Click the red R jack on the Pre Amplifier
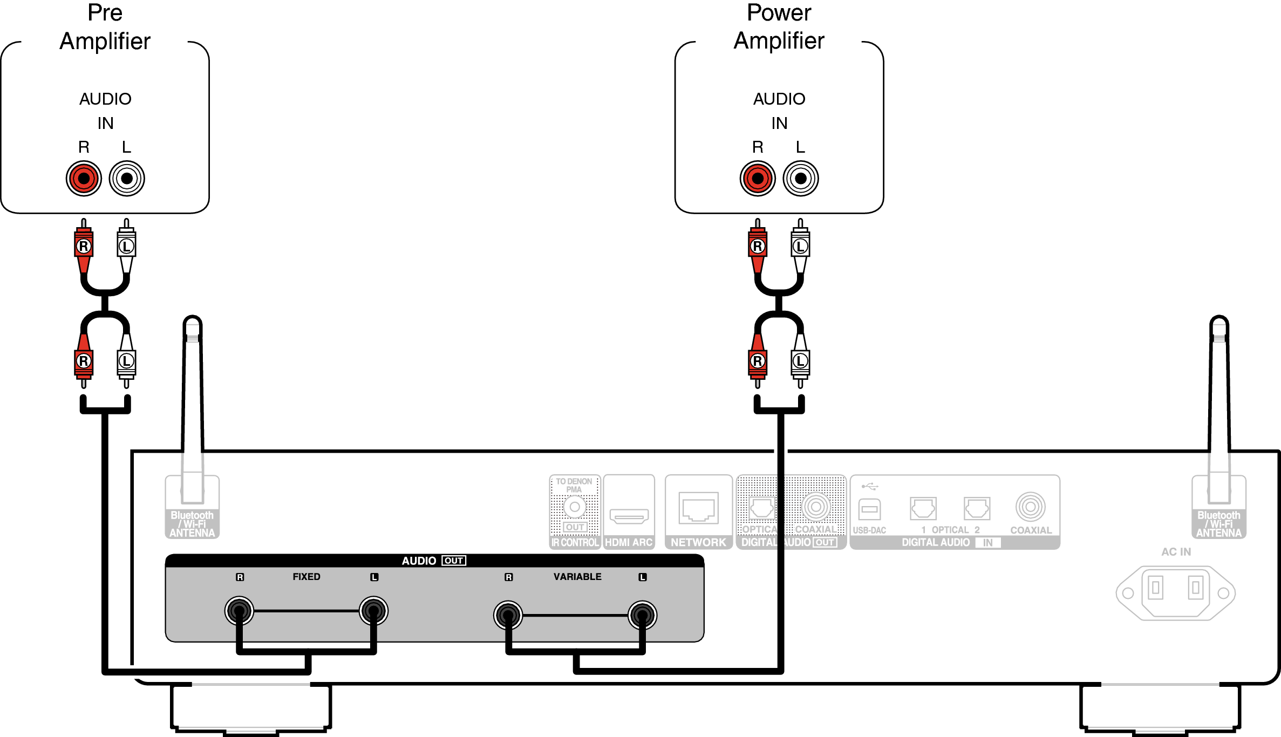coord(84,179)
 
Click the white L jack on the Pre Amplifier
coord(127,179)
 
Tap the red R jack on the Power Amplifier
coord(758,179)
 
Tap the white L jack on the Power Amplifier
coord(801,179)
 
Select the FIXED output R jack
coord(239,611)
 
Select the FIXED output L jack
coord(373,611)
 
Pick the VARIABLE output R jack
coord(508,615)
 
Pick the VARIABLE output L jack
coord(642,615)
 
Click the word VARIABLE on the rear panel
coord(577,577)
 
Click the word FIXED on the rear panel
coord(306,577)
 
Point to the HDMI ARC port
coord(629,516)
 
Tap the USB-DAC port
coord(869,509)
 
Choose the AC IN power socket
coord(1175,592)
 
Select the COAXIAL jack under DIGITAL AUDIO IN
coord(1030,507)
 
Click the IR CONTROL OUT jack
coord(575,507)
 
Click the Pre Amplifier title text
coord(105,27)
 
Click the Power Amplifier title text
coord(779,27)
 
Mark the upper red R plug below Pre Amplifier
coord(84,247)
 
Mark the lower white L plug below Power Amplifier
coord(800,360)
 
